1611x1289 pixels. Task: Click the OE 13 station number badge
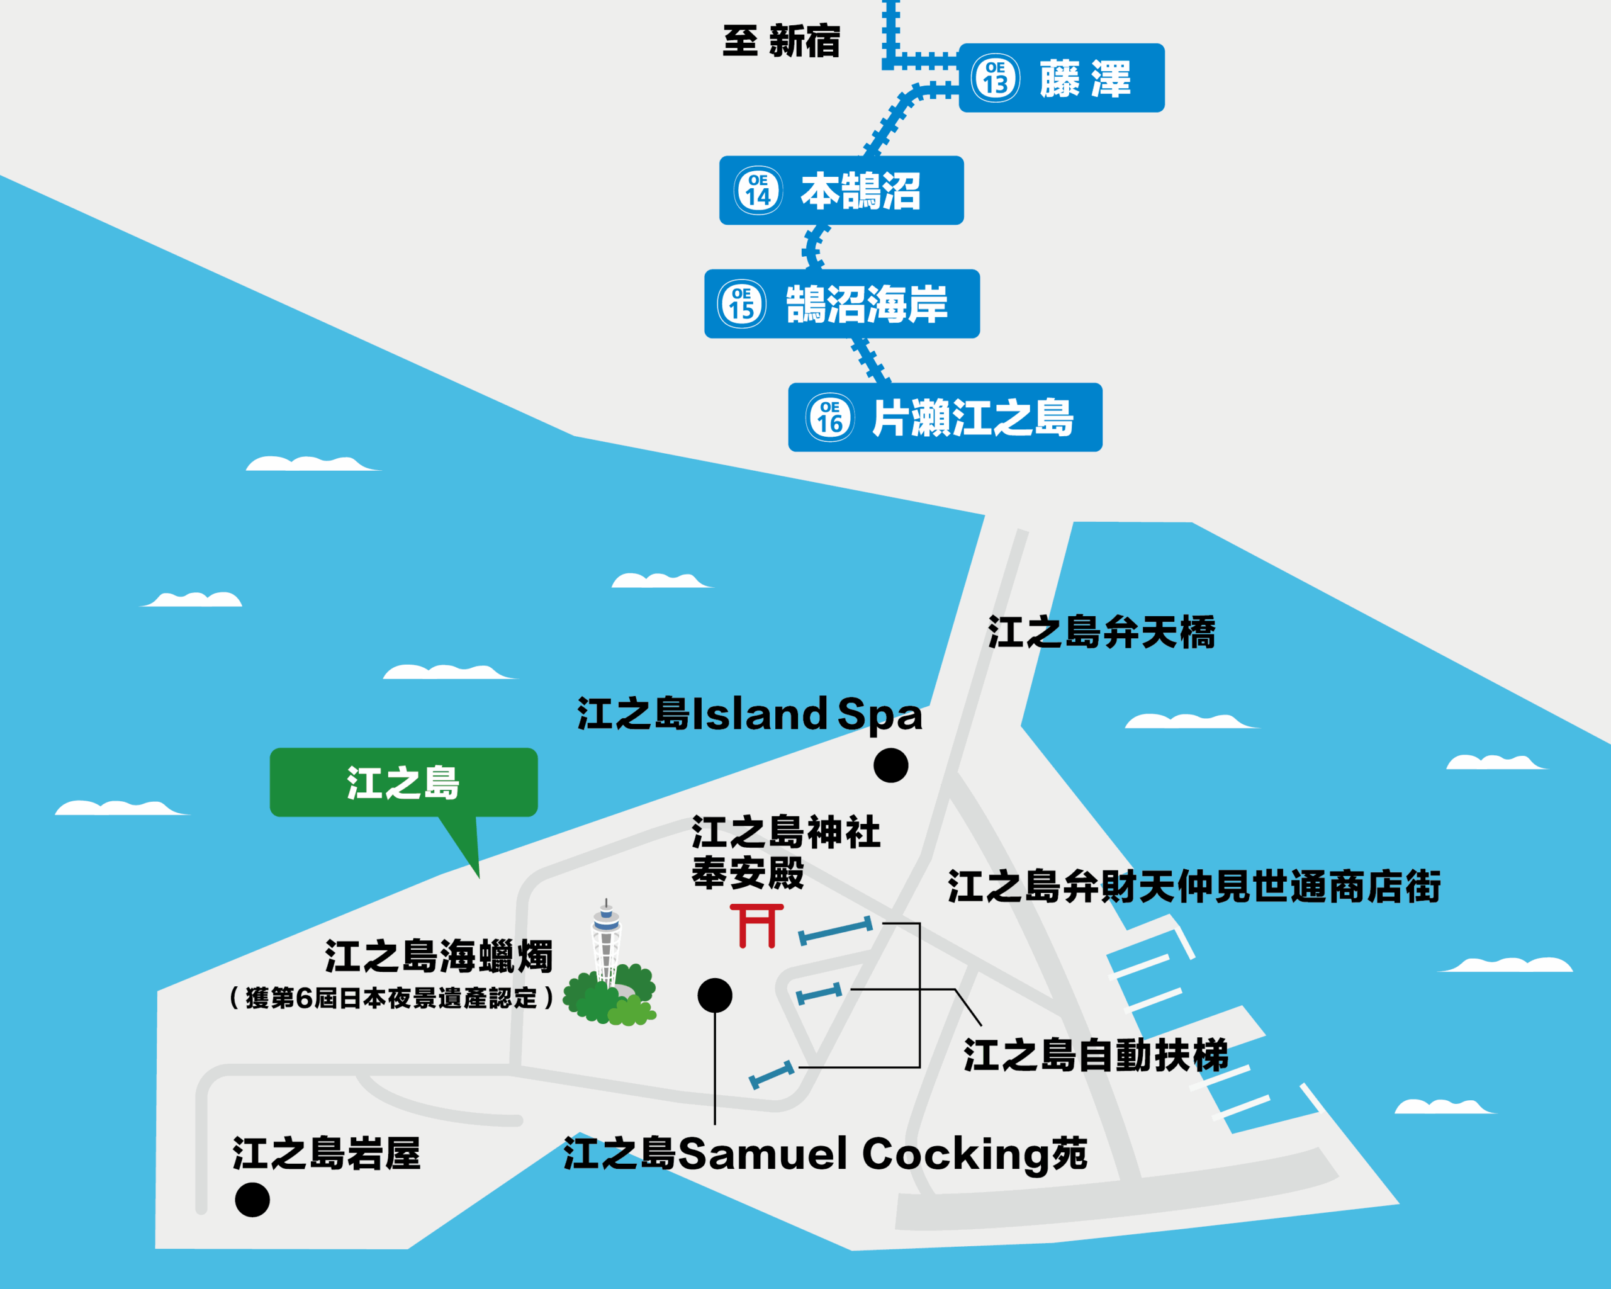tap(996, 77)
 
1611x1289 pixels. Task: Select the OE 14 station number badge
tap(758, 191)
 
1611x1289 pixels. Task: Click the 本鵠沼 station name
tap(860, 191)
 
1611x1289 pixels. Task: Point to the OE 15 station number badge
tap(741, 304)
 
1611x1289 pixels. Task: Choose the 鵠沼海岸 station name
tap(867, 304)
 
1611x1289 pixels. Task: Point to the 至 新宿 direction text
tap(782, 41)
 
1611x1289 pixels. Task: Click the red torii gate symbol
tap(757, 925)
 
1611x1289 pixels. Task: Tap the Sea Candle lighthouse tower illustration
tap(606, 945)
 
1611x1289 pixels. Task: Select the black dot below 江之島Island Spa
tap(890, 765)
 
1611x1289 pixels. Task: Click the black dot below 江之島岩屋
tap(252, 1200)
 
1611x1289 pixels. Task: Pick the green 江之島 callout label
tap(403, 782)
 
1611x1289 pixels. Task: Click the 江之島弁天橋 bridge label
tap(1101, 632)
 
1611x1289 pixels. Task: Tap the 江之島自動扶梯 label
tap(1096, 1055)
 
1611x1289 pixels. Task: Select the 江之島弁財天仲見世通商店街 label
tap(1194, 887)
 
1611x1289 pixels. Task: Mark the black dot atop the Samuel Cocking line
tap(714, 995)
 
